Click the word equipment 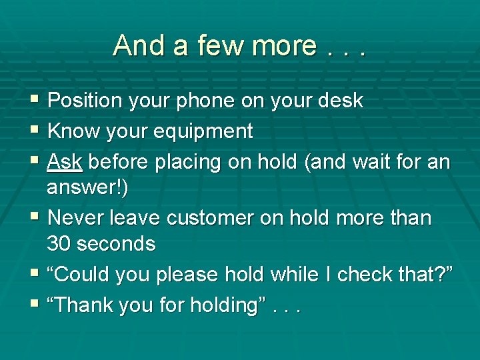(x=203, y=132)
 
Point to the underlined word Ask (x=65, y=162)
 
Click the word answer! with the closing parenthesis (x=88, y=187)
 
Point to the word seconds (x=116, y=243)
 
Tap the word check (x=365, y=274)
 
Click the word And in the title (x=136, y=45)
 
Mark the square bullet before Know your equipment (x=35, y=131)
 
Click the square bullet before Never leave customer (x=35, y=217)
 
